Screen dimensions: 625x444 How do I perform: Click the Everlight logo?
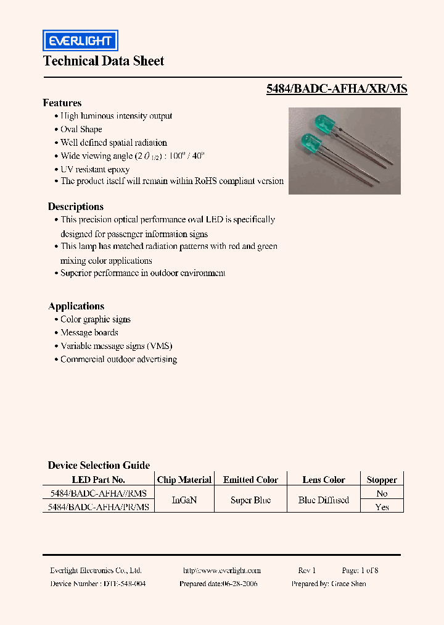[80, 41]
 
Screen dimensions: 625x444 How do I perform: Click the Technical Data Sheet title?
[104, 61]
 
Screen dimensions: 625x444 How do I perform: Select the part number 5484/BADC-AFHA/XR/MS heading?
[337, 89]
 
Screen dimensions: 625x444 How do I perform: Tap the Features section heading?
[62, 103]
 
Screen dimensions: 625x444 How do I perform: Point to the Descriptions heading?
[76, 207]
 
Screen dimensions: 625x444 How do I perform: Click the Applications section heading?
[76, 306]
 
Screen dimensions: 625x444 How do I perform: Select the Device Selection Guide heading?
[99, 466]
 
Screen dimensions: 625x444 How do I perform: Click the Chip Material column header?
[184, 480]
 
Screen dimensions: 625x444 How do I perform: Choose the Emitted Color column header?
[250, 480]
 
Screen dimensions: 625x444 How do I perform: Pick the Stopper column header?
[382, 480]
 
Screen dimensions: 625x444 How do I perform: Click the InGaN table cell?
[184, 500]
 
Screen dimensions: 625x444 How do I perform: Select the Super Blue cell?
[250, 500]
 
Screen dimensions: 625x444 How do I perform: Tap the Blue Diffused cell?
[324, 500]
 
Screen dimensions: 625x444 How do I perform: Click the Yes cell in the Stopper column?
[382, 507]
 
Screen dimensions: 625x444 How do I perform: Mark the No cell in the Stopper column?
[382, 493]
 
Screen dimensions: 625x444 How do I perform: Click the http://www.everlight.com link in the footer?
[222, 571]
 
